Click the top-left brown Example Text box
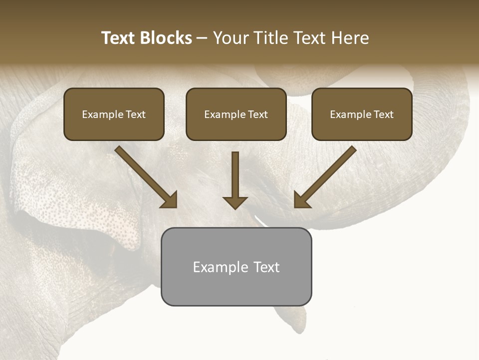(x=114, y=114)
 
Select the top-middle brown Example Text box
(x=236, y=114)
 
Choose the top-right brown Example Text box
(x=362, y=114)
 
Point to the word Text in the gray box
(x=266, y=267)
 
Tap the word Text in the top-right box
(x=383, y=114)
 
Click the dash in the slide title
(x=203, y=38)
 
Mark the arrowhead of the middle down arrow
(x=235, y=201)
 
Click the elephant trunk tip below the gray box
(x=294, y=320)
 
